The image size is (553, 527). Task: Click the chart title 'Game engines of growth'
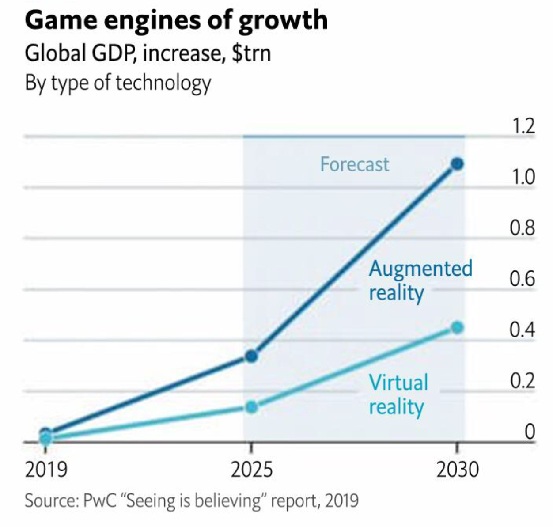176,21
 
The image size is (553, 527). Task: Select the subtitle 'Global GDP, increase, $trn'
148,53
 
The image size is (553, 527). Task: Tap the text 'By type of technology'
118,83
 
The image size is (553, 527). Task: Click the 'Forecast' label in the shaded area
355,164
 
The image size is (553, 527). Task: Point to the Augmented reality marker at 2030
457,164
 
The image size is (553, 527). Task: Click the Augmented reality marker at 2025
251,356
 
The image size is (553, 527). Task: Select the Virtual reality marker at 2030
457,327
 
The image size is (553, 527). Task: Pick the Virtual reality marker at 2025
251,407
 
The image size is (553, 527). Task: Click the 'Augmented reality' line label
420,281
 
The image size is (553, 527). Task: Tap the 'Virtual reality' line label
398,394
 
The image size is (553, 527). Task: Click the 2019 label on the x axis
46,469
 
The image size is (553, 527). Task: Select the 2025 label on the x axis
251,469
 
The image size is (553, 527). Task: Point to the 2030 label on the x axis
458,469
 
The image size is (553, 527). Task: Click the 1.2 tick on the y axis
523,126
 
